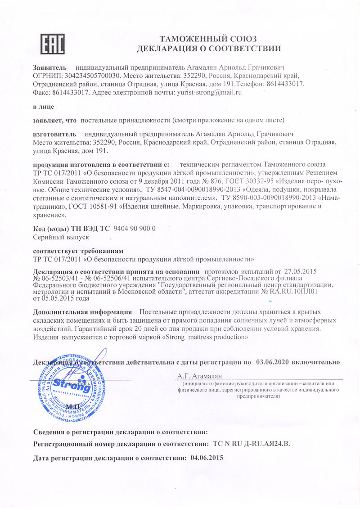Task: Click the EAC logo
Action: pos(53,44)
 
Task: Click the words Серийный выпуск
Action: pos(62,236)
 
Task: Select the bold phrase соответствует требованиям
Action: pos(79,250)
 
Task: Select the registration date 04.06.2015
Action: pos(207,458)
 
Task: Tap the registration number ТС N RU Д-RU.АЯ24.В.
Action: pos(252,444)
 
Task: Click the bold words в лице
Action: pos(44,107)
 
